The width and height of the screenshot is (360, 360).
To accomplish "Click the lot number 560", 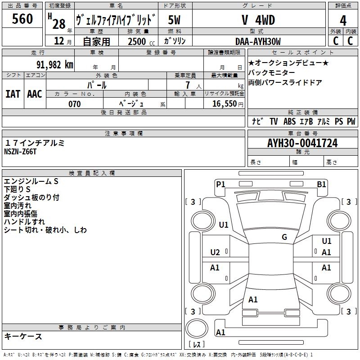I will click(22, 19).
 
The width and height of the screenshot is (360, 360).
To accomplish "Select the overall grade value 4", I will click(343, 21).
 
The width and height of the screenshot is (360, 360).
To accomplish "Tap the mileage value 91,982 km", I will click(55, 64).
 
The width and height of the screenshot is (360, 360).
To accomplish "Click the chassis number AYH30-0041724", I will click(302, 144).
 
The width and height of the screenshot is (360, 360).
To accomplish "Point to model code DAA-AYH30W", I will click(258, 41).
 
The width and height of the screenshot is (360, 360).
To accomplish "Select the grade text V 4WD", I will click(258, 20).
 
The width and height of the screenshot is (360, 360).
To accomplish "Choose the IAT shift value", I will click(13, 94).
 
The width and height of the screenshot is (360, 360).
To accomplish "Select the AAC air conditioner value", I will click(35, 94).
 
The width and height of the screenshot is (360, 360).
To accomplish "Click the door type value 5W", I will click(174, 20).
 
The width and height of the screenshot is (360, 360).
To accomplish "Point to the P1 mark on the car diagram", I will click(220, 184).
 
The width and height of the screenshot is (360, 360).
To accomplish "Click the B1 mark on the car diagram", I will click(321, 184).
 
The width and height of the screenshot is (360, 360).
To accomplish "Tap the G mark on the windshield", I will click(284, 237).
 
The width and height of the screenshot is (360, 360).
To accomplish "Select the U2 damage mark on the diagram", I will click(215, 252).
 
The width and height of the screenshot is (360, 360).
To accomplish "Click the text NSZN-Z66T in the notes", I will click(20, 152).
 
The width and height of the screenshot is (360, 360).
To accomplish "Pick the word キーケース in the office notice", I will click(23, 337).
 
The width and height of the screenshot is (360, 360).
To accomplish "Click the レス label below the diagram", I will click(198, 345).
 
